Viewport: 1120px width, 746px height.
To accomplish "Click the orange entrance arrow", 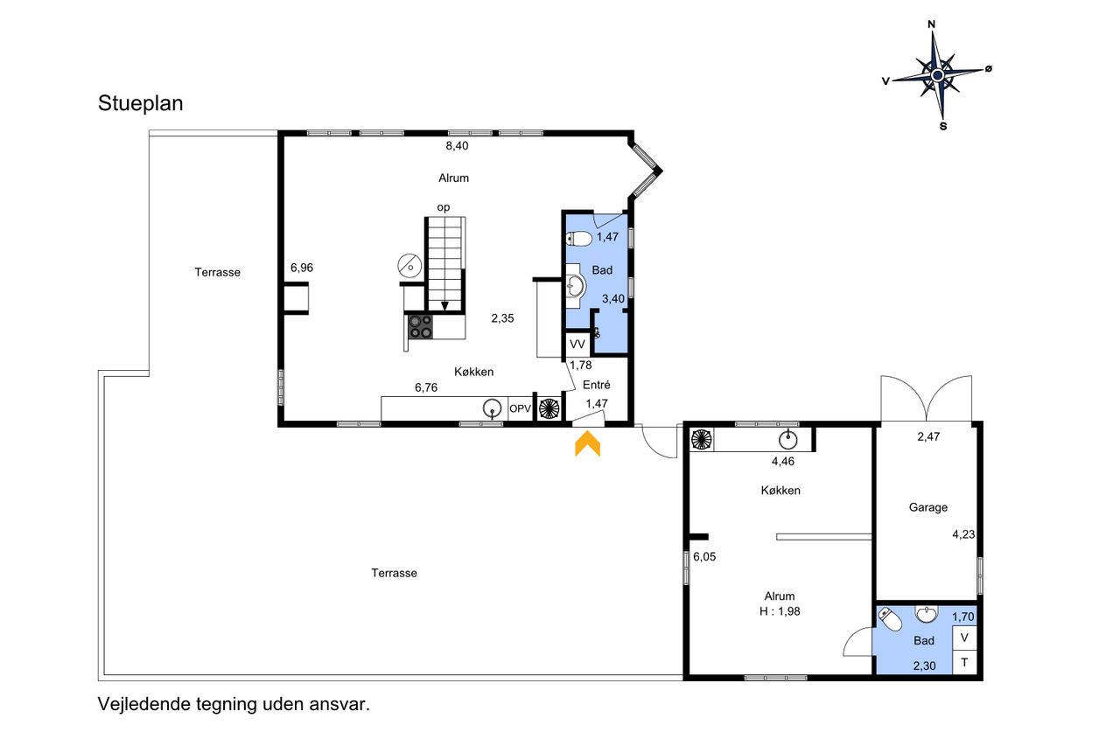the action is [x=587, y=443].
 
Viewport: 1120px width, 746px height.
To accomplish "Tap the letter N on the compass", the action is [x=932, y=24].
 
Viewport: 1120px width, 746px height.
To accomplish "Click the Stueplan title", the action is [x=141, y=103].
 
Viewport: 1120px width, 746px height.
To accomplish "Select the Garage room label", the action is [x=928, y=507].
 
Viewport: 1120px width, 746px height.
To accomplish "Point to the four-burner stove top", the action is [x=421, y=326].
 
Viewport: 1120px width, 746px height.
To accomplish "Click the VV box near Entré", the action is [x=577, y=345].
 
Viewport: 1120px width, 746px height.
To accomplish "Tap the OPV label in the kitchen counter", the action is [x=520, y=408].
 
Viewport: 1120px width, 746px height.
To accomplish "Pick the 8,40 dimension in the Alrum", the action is [x=457, y=146].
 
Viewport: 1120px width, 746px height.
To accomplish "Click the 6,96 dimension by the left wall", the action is [x=302, y=268].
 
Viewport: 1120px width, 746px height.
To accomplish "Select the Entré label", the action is [x=597, y=385].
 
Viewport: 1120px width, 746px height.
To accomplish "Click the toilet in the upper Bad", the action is [x=579, y=239].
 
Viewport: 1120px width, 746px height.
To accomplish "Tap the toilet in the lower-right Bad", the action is [x=890, y=619].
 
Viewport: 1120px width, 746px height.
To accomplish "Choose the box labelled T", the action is [x=964, y=663].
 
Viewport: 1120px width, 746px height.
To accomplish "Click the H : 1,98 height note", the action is [x=780, y=611].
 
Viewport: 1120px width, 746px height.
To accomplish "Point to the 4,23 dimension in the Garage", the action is [x=963, y=534].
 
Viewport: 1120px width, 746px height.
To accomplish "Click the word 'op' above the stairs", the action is [x=444, y=207].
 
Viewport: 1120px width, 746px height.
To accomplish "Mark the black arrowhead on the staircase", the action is [x=444, y=306].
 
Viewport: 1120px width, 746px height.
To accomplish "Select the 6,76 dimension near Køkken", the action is [x=426, y=387].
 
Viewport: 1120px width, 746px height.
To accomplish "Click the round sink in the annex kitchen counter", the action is [x=788, y=440].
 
